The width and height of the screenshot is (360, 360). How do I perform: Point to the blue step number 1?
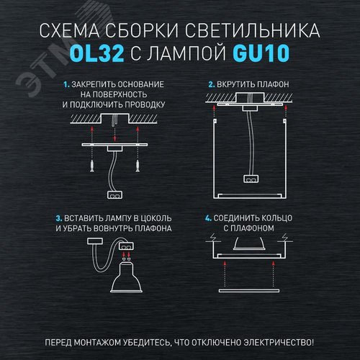[x=66, y=84]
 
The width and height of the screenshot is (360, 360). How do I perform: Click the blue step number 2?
[x=212, y=84]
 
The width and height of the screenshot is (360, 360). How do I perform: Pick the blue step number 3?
[x=58, y=218]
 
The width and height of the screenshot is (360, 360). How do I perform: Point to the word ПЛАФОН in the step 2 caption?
[x=273, y=84]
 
